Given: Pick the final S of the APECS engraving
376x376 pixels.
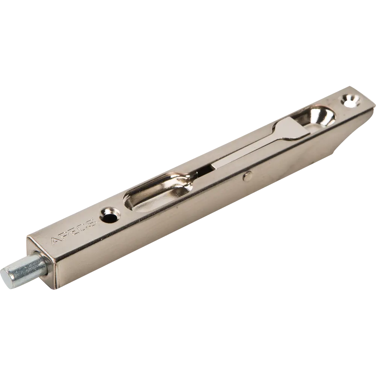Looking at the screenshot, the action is click(x=91, y=223).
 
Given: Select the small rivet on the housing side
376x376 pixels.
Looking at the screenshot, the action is click(x=247, y=176).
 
